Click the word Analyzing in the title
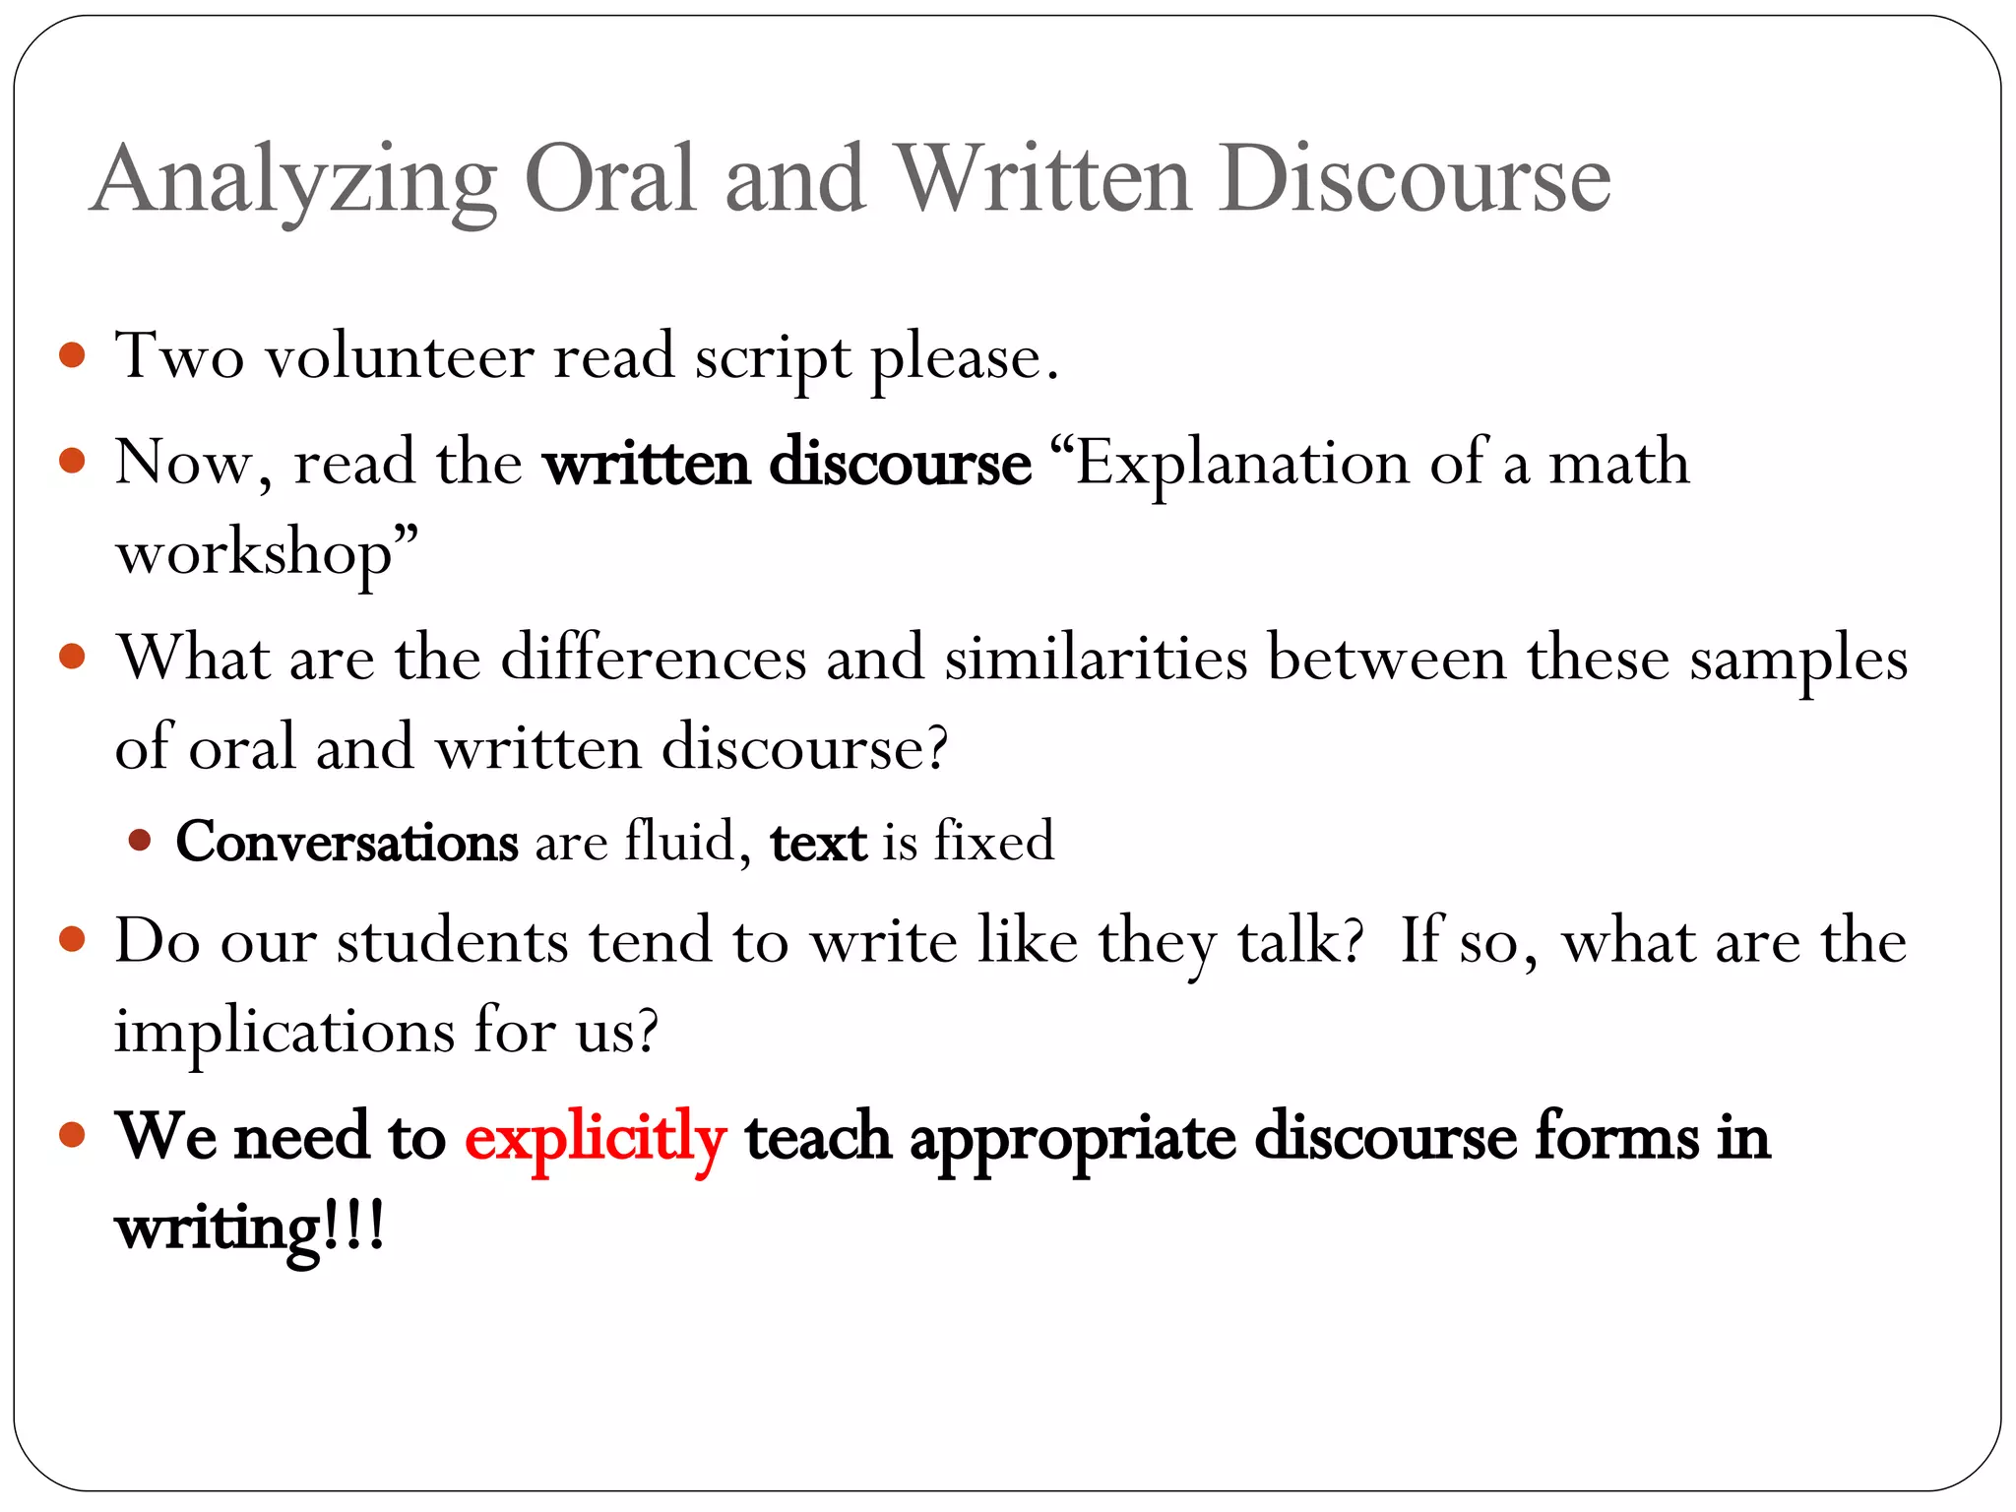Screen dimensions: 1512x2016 [x=293, y=180]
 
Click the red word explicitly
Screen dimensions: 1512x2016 [x=596, y=1139]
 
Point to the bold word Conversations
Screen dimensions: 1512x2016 [x=346, y=843]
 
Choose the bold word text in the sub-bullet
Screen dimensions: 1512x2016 [x=818, y=844]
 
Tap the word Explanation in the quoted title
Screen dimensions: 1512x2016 [x=1242, y=463]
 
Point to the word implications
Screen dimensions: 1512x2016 [x=284, y=1033]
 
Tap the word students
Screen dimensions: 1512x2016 [x=453, y=941]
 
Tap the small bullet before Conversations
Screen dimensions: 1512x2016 [x=140, y=841]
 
